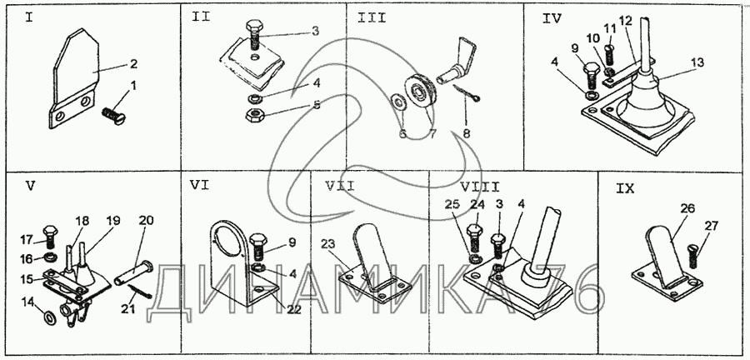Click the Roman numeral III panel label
tap(371, 18)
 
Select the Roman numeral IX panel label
tap(625, 189)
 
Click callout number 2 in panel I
tap(133, 64)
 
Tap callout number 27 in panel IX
tap(712, 227)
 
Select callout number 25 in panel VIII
tap(453, 205)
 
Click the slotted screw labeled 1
tap(112, 116)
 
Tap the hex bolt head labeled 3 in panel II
tap(254, 27)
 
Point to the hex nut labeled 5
tap(253, 115)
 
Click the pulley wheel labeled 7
tap(420, 92)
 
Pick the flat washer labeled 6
tap(397, 102)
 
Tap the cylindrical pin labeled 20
tap(133, 272)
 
